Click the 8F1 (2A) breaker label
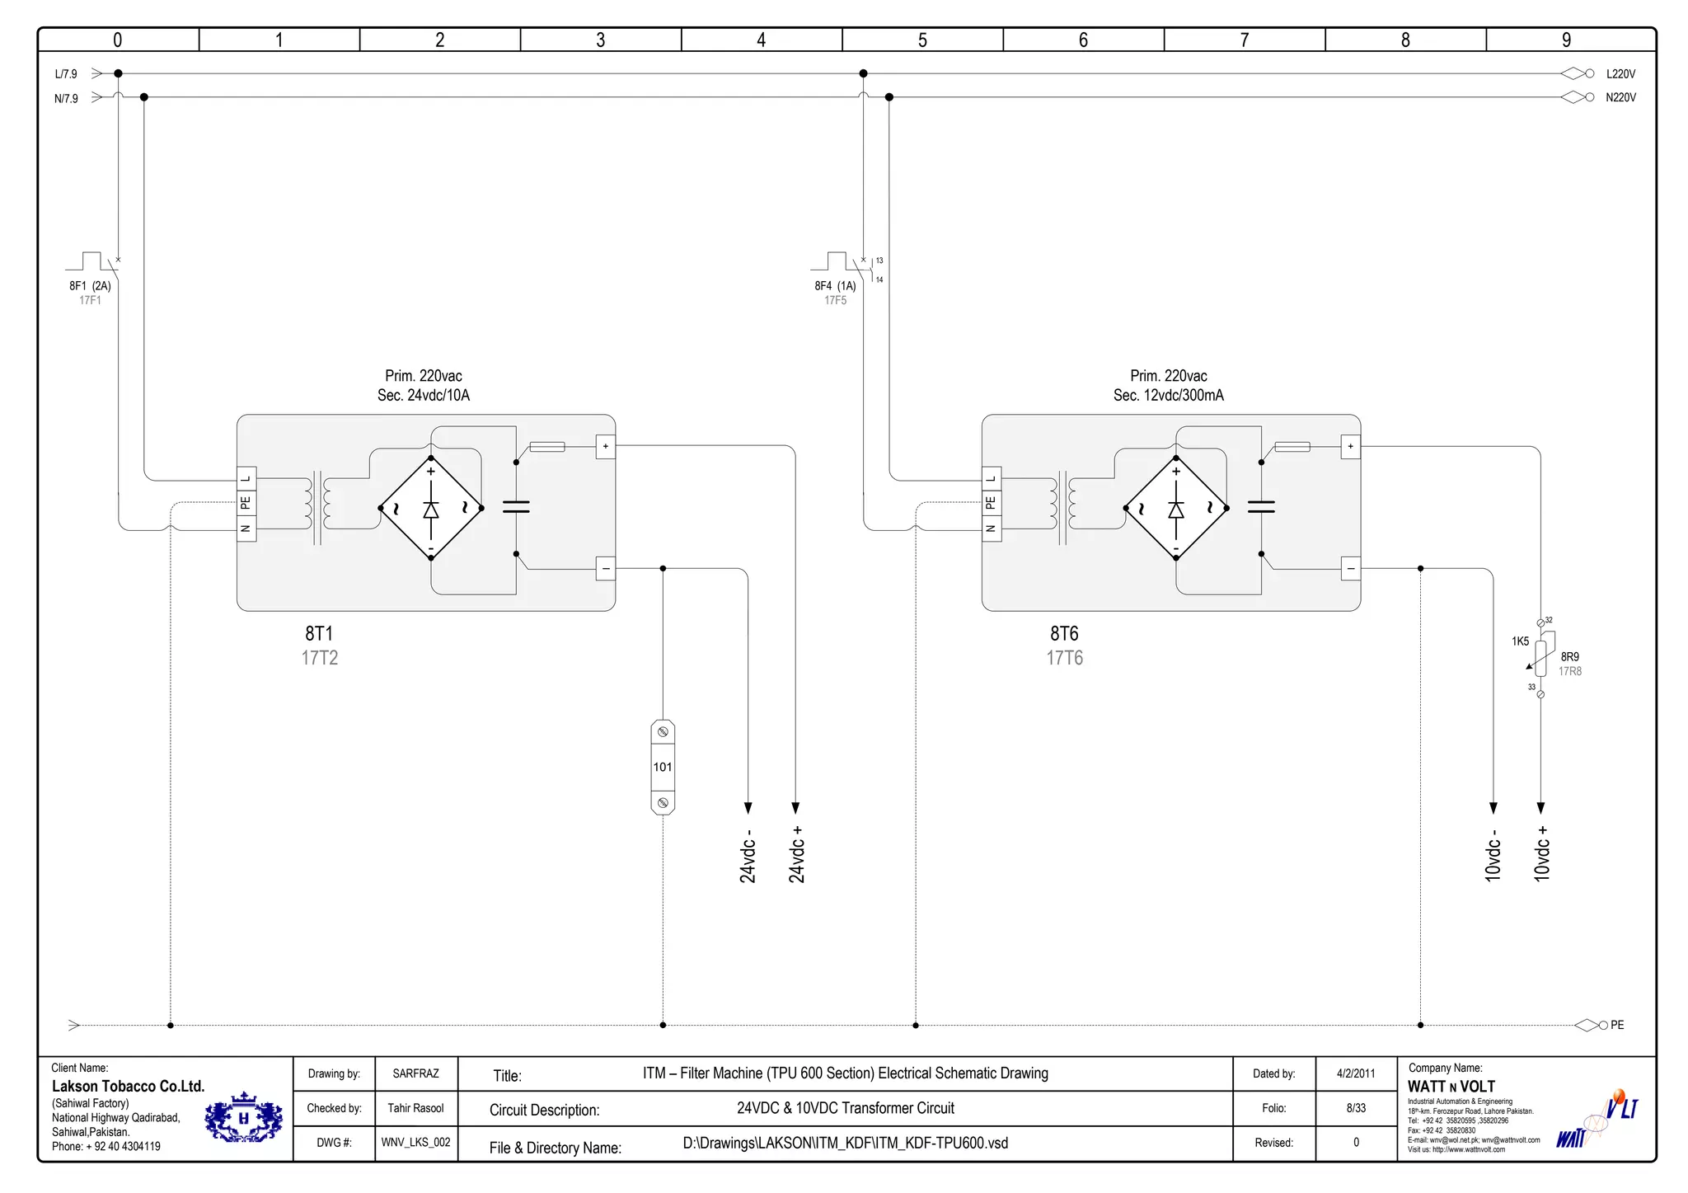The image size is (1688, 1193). [90, 286]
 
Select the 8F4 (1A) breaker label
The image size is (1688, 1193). [835, 286]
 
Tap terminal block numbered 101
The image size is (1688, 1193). [663, 768]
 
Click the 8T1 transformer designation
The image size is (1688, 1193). [319, 633]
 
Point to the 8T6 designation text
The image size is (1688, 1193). [1064, 633]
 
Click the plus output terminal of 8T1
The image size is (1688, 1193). [606, 446]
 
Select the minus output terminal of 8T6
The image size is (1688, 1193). [1351, 569]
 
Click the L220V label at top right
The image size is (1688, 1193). [1620, 74]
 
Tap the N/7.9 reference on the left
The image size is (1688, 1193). [66, 99]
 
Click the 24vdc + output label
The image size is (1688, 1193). [796, 855]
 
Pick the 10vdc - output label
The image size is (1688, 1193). [1493, 855]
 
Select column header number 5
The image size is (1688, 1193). [922, 40]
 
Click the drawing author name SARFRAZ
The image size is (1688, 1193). [415, 1073]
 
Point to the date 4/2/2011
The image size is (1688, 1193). [1356, 1073]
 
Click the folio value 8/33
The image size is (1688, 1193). [1356, 1108]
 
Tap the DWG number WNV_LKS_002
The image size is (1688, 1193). [415, 1143]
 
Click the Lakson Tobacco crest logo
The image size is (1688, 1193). [243, 1119]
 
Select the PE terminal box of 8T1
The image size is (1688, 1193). [246, 503]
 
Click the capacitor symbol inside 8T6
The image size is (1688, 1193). [1261, 506]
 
